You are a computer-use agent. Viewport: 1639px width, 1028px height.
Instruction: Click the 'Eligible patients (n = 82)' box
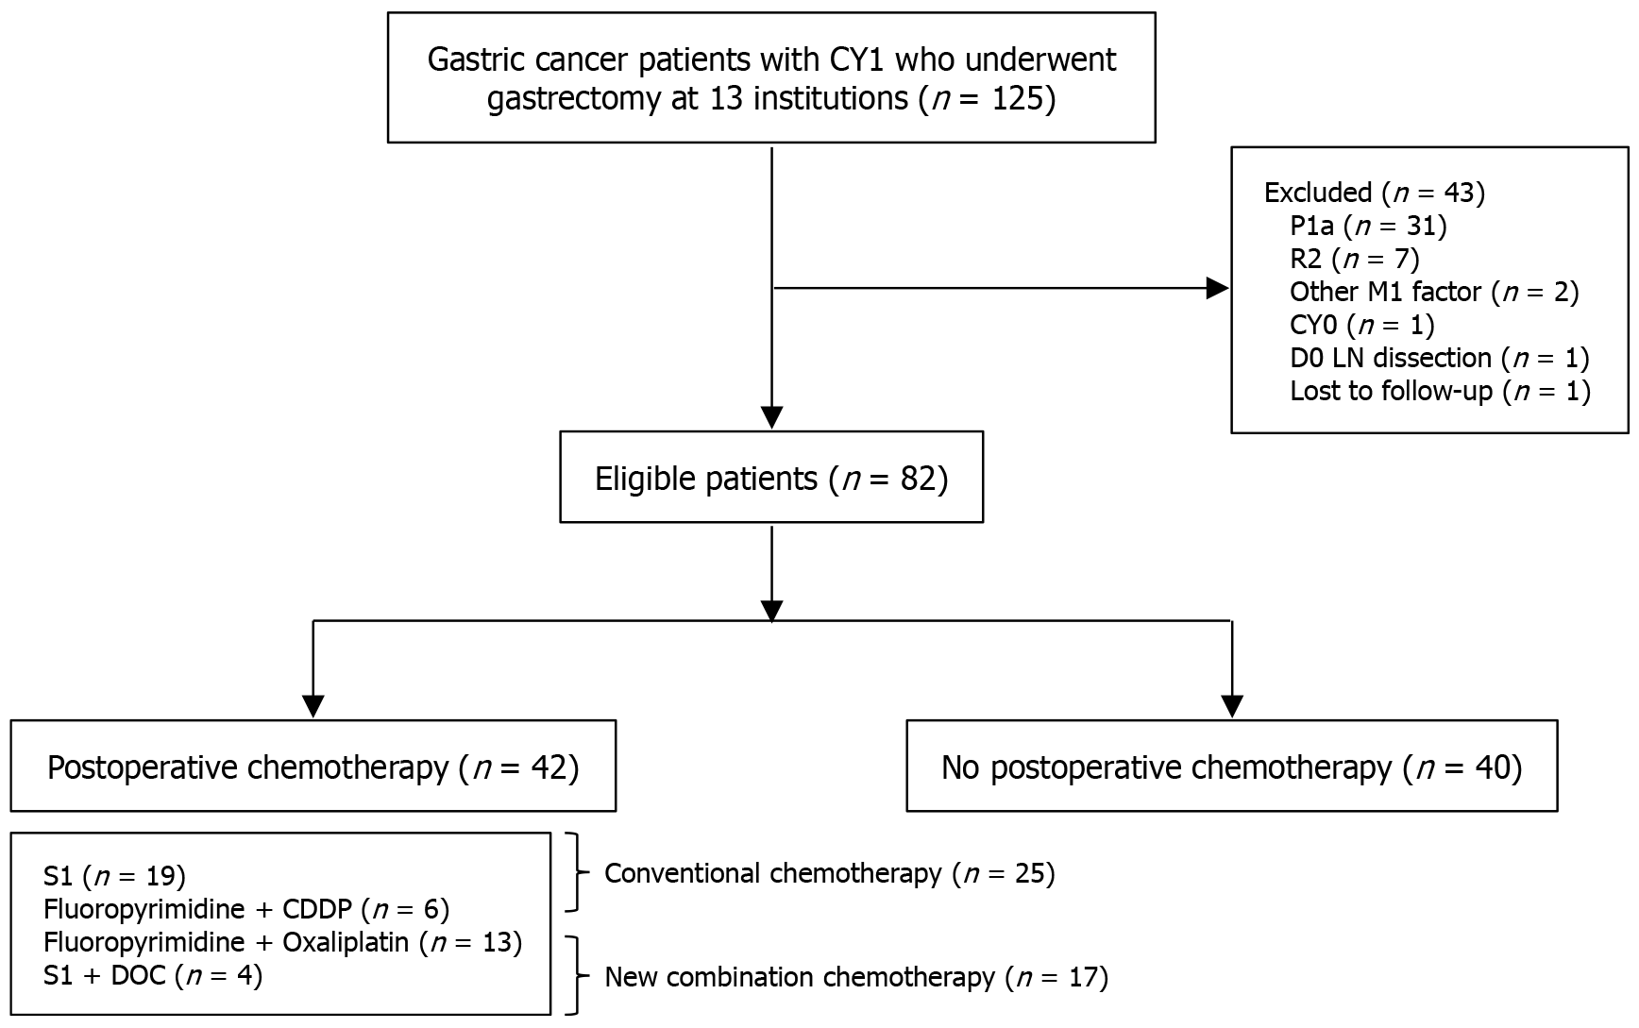point(771,477)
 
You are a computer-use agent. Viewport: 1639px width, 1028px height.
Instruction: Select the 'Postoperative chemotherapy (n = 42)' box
point(313,766)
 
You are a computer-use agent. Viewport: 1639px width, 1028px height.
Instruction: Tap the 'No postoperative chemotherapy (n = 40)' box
point(1232,766)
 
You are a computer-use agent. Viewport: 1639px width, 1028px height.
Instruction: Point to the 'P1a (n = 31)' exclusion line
point(1368,226)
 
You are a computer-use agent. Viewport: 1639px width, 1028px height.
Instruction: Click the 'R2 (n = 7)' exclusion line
point(1354,259)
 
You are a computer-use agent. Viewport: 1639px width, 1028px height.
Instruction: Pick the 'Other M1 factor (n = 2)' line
point(1434,292)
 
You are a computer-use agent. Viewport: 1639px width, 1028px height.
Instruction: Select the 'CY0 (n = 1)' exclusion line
point(1361,325)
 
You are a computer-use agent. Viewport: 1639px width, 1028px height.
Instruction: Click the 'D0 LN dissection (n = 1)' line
point(1440,358)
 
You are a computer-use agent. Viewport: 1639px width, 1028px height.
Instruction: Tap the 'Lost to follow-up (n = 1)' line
point(1440,391)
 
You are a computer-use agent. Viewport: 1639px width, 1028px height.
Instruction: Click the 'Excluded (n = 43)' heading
point(1375,193)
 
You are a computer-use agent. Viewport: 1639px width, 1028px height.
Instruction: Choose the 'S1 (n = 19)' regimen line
point(114,876)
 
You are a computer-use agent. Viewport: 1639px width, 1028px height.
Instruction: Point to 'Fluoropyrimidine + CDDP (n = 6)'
point(246,909)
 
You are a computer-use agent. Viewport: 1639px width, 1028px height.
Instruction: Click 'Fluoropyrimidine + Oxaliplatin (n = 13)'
point(282,942)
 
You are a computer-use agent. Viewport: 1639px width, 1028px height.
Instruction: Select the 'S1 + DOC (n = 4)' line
point(153,975)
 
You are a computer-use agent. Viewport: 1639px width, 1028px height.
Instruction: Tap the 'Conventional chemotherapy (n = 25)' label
point(829,873)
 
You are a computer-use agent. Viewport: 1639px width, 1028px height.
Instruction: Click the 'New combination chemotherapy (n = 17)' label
point(856,977)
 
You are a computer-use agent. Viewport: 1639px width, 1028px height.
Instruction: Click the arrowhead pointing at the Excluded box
point(1219,288)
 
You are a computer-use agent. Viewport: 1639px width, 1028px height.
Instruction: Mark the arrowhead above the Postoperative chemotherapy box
point(313,706)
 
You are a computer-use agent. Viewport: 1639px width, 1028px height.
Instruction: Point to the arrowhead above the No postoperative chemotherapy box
point(1232,706)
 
